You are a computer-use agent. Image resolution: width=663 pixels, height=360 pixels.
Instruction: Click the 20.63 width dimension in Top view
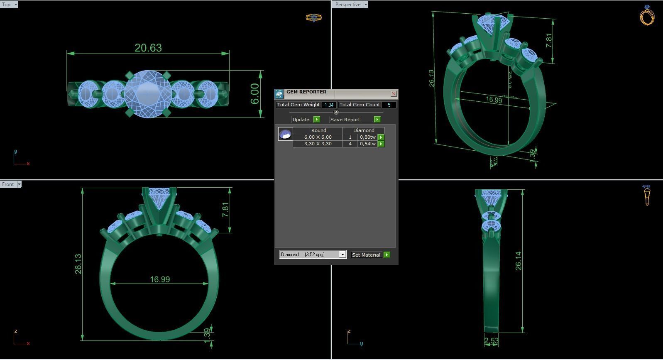tap(148, 48)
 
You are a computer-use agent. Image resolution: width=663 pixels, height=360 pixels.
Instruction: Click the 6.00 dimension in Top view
tap(254, 94)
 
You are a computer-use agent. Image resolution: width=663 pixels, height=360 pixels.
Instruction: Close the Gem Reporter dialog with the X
tap(394, 94)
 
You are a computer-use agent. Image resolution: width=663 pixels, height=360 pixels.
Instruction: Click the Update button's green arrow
tap(317, 120)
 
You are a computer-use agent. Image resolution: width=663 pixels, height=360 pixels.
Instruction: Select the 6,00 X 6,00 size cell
tap(318, 137)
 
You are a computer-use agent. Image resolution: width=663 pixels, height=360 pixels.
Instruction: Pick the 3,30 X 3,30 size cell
tap(318, 144)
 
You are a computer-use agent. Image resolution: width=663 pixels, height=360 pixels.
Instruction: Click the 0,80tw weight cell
tap(367, 137)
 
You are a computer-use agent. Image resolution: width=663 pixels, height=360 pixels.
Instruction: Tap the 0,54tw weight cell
tap(367, 144)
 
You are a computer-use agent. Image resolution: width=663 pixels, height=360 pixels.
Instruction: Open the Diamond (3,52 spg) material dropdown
tap(343, 255)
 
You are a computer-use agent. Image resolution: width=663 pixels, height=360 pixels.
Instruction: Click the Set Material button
tap(366, 255)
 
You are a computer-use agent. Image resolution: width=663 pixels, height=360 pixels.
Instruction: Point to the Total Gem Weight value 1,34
tap(329, 105)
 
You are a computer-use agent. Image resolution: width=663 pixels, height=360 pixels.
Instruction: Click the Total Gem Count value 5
tap(389, 105)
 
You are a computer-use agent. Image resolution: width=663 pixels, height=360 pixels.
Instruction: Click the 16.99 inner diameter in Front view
tap(160, 279)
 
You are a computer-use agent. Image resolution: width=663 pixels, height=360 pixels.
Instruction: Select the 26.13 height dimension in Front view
tap(78, 264)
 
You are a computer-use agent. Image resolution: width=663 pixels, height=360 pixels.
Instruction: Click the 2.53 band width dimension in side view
tap(491, 341)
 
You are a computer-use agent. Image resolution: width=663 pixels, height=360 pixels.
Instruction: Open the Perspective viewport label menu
tap(366, 5)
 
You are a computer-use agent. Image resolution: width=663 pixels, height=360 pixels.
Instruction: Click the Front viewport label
tap(8, 184)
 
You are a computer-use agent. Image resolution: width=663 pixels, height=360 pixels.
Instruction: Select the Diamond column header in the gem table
tap(364, 130)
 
